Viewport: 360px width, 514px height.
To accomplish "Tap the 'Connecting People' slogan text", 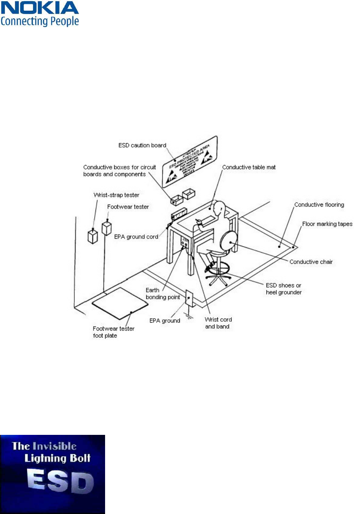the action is [40, 21].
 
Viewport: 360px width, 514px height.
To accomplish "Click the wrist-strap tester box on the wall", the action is [93, 236].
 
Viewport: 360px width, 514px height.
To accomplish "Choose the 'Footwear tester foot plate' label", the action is [113, 332].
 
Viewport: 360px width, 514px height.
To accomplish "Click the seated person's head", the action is [220, 209].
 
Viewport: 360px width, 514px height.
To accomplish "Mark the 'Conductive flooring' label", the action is [319, 205].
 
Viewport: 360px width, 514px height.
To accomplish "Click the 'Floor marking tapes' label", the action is [327, 224].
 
